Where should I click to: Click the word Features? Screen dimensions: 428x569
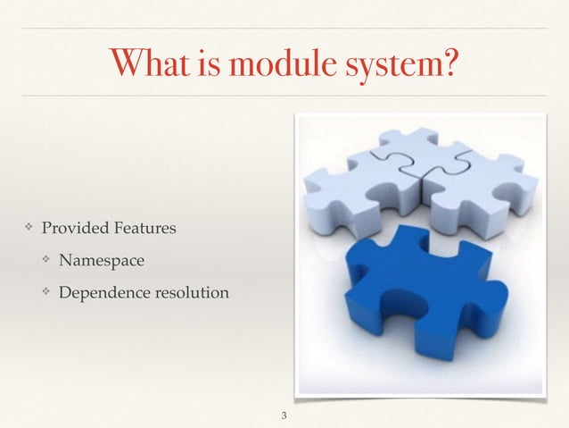(x=144, y=229)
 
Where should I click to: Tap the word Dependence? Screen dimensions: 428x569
(x=101, y=291)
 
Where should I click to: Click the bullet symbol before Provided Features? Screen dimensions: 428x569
(x=29, y=229)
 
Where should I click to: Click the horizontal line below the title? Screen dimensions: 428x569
(x=284, y=96)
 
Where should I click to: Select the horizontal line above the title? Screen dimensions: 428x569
(x=284, y=28)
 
